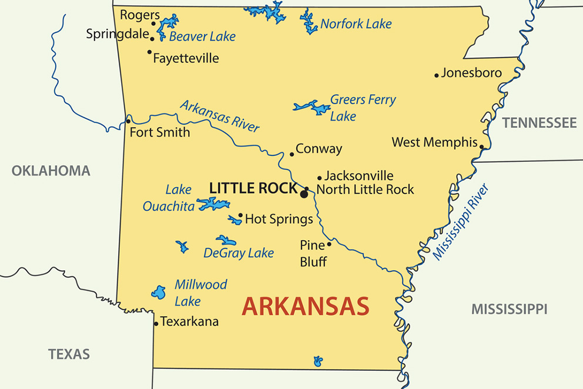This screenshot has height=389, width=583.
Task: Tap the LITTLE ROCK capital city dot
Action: pyautogui.click(x=304, y=194)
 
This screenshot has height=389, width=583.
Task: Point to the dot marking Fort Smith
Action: pyautogui.click(x=128, y=121)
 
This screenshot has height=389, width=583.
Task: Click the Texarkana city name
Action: pyautogui.click(x=189, y=321)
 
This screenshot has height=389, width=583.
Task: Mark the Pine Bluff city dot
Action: pyautogui.click(x=329, y=244)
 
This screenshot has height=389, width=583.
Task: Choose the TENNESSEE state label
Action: pyautogui.click(x=539, y=123)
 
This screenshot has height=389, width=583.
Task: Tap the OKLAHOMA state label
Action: pyautogui.click(x=51, y=171)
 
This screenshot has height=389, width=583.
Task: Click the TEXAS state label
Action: pyautogui.click(x=69, y=354)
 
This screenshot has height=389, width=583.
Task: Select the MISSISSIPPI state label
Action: pyautogui.click(x=509, y=309)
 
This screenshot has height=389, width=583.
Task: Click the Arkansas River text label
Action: pyautogui.click(x=219, y=116)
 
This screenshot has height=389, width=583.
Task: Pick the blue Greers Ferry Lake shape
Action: pyautogui.click(x=313, y=108)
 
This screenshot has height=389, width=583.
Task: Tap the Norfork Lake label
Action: pyautogui.click(x=356, y=24)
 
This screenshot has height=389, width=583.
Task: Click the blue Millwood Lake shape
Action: pyautogui.click(x=158, y=292)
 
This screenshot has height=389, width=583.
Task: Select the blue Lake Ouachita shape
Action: pyautogui.click(x=213, y=204)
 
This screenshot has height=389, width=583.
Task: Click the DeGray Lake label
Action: pyautogui.click(x=239, y=253)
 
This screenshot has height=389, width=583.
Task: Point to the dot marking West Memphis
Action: pyautogui.click(x=481, y=147)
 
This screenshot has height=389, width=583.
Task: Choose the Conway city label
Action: pyautogui.click(x=319, y=149)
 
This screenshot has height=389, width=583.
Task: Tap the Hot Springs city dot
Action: pyautogui.click(x=240, y=215)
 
